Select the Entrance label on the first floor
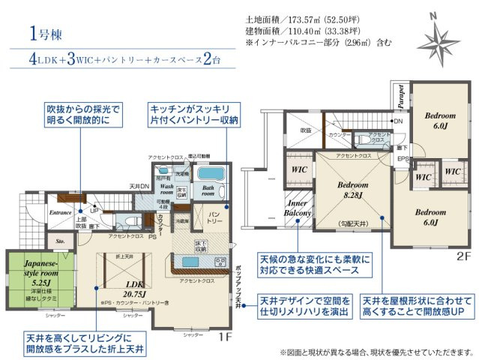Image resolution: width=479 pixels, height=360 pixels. (x=60, y=213)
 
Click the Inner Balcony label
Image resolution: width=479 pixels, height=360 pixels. (x=298, y=208)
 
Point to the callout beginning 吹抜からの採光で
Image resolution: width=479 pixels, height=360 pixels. (x=78, y=114)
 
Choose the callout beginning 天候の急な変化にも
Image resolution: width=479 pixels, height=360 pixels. (x=305, y=263)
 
